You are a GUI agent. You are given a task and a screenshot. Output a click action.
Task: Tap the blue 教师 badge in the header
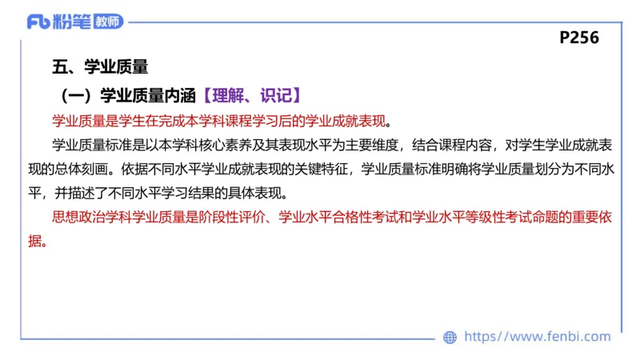pyautogui.click(x=108, y=22)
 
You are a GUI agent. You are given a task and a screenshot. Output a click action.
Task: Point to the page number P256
pyautogui.click(x=579, y=38)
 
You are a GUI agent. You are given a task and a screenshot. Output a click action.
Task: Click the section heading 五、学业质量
pyautogui.click(x=100, y=67)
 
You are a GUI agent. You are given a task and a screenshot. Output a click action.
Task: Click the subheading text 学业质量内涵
pyautogui.click(x=148, y=96)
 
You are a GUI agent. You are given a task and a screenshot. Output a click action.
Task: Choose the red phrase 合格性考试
pyautogui.click(x=360, y=218)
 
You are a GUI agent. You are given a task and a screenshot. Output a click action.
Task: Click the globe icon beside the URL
pyautogui.click(x=450, y=338)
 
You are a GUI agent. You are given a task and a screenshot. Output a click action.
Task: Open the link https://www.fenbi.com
pyautogui.click(x=538, y=338)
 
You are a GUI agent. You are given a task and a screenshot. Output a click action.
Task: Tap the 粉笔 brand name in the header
pyautogui.click(x=72, y=22)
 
